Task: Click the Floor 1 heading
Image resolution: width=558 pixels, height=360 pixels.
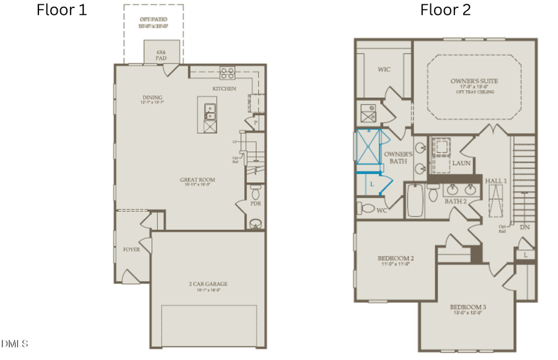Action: [62, 10]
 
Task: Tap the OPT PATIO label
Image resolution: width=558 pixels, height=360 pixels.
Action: [153, 20]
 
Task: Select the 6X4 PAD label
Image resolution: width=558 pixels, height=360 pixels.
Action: [161, 55]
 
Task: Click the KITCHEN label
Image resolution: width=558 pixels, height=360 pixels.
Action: [224, 89]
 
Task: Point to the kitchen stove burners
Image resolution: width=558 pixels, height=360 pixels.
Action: [227, 73]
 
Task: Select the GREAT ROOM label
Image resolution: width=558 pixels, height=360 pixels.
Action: [198, 180]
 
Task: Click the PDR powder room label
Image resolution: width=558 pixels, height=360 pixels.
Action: [255, 203]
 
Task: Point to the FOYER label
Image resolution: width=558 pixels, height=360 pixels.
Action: [131, 250]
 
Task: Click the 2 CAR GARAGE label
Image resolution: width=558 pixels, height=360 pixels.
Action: [208, 284]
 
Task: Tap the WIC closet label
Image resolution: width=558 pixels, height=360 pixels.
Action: [384, 69]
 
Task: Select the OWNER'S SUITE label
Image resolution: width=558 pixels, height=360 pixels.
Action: [474, 81]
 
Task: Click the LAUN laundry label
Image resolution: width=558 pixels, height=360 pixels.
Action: [461, 163]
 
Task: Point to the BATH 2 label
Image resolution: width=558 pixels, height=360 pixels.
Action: [455, 201]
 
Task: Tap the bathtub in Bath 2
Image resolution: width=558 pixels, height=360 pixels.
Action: [415, 200]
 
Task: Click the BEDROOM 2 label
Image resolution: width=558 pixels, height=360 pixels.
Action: [396, 258]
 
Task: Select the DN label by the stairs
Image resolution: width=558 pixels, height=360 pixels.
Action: [525, 227]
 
